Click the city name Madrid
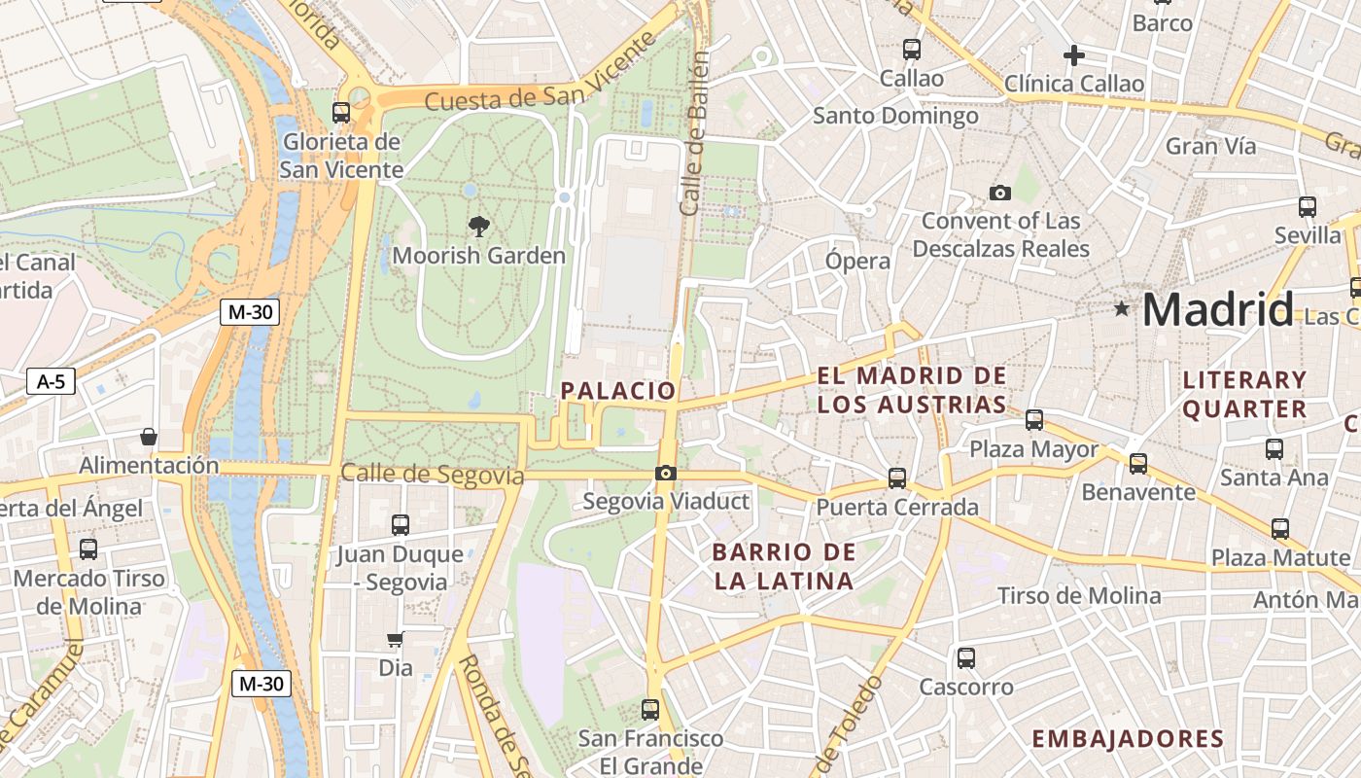click(x=1217, y=309)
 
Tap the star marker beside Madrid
click(x=1122, y=309)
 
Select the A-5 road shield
click(x=51, y=381)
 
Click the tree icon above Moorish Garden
click(x=478, y=227)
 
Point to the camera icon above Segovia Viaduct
click(x=665, y=474)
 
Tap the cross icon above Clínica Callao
click(x=1073, y=55)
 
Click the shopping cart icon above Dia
click(x=395, y=640)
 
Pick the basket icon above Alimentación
click(x=148, y=437)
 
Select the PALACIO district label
click(x=617, y=391)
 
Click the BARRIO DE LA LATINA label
click(x=784, y=567)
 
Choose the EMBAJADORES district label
click(x=1128, y=739)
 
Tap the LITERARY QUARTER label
click(x=1244, y=394)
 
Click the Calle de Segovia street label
click(x=433, y=475)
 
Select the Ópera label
click(x=857, y=261)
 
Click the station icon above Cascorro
click(x=965, y=658)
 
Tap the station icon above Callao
click(x=911, y=49)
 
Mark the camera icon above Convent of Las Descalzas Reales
click(x=999, y=193)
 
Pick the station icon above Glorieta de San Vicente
click(x=340, y=112)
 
